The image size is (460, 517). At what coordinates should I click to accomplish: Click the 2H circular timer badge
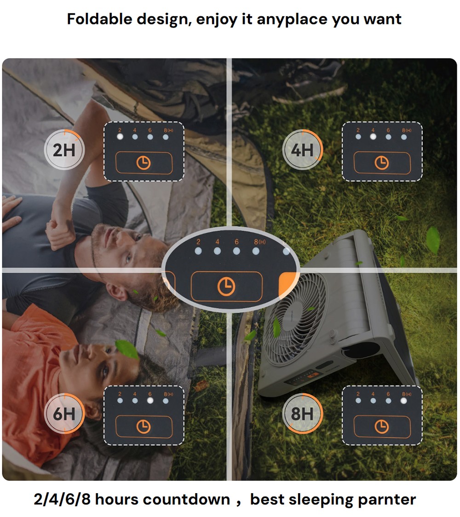(64, 150)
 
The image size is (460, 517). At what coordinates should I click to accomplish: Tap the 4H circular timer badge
(302, 150)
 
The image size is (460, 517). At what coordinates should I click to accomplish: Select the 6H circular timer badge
(64, 414)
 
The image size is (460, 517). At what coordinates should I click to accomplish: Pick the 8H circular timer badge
(302, 414)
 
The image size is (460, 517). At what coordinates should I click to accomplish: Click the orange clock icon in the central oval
(226, 287)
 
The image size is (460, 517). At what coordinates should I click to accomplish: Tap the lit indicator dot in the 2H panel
(120, 136)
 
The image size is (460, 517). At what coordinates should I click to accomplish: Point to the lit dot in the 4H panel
(373, 136)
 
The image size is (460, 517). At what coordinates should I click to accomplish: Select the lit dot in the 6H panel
(150, 400)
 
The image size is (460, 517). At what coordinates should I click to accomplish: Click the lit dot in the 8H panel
(404, 400)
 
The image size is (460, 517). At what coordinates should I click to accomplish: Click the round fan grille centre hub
(297, 313)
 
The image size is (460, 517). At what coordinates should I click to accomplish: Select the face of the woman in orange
(94, 358)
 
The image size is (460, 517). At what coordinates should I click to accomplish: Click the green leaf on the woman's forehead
(126, 349)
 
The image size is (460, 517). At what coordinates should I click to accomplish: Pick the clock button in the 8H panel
(382, 427)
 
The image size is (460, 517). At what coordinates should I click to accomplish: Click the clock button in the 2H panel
(144, 163)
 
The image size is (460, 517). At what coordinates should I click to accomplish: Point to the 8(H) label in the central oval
(259, 242)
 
